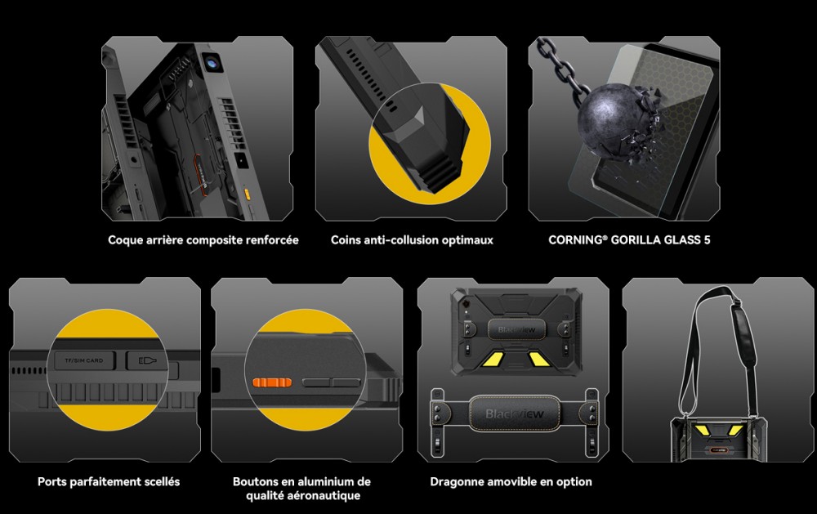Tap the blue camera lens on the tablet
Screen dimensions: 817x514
212,63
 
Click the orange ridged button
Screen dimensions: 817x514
272,382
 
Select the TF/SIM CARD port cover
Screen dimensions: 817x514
84,360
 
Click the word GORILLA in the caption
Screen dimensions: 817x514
635,239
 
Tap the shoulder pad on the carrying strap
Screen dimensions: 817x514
743,335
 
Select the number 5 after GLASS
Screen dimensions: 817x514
707,239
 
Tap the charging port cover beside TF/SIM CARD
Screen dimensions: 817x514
147,360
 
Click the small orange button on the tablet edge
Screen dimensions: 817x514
247,194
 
